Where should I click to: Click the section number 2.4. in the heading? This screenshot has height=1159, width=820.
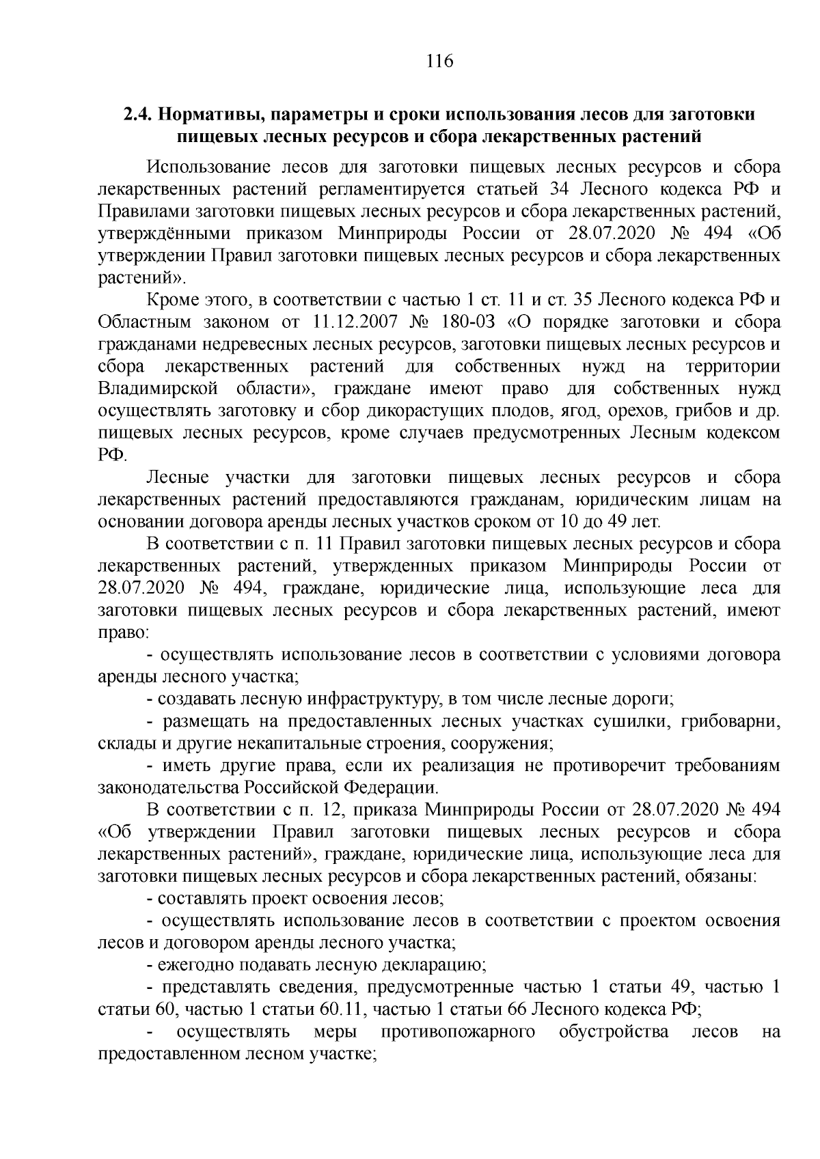tap(139, 114)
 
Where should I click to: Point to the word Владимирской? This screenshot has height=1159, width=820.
tap(158, 389)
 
